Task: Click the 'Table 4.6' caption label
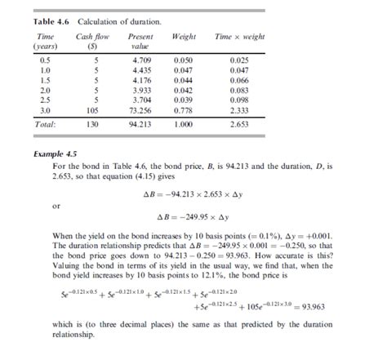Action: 50,20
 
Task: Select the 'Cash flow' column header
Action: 90,38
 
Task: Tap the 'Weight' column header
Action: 185,38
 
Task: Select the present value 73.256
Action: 140,109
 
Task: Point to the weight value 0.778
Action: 185,109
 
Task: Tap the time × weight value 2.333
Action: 239,109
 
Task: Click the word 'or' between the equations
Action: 56,206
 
